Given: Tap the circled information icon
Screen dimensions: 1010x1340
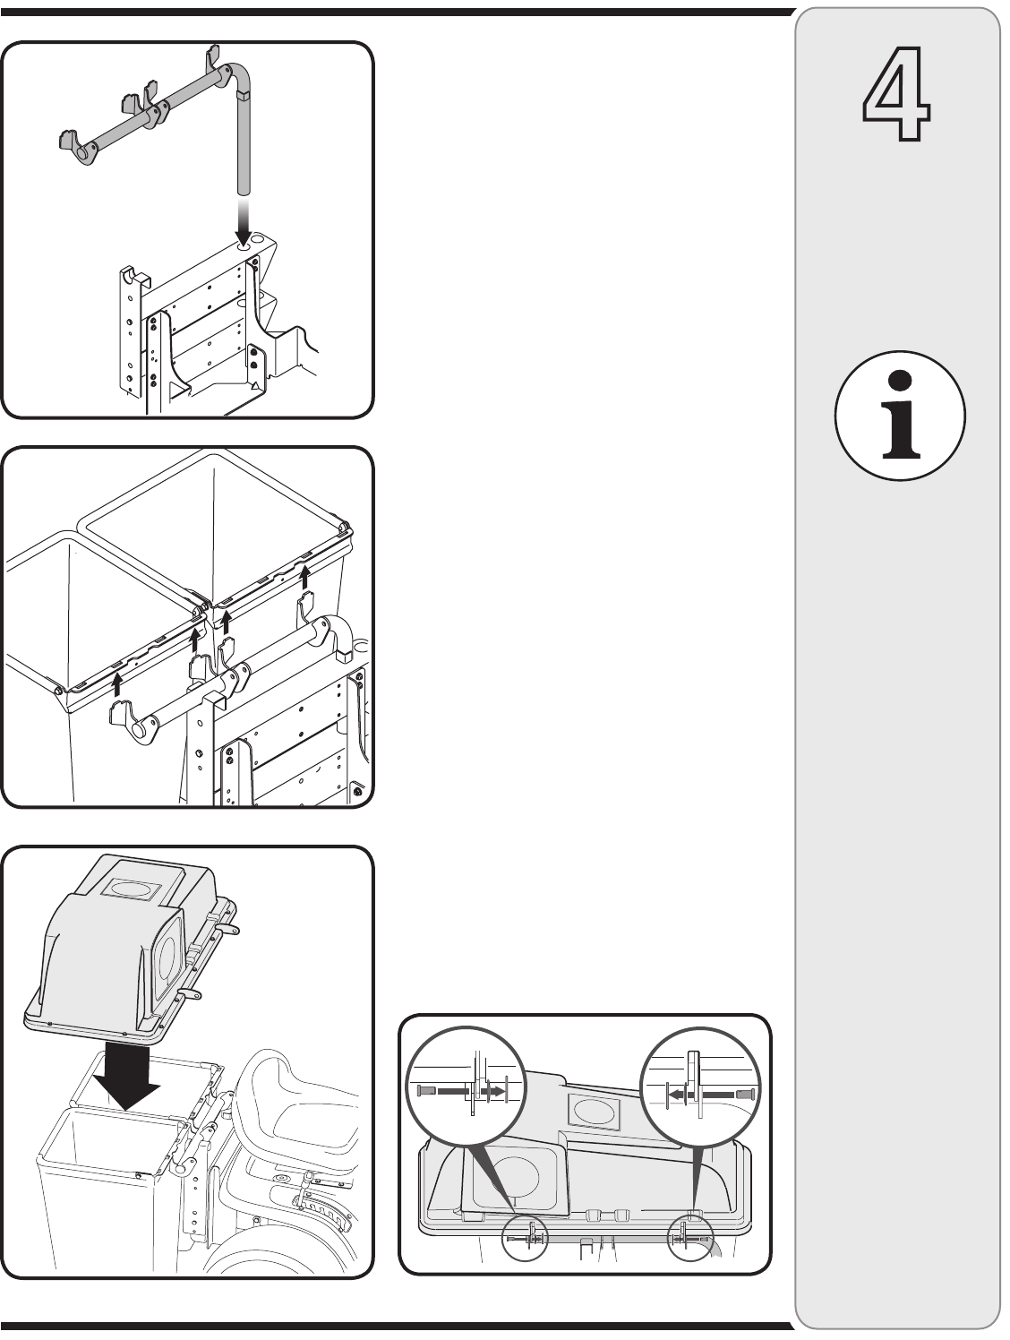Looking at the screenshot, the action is coord(899,417).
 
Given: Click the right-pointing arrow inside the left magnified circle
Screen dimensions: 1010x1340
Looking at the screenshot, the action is coord(492,1092).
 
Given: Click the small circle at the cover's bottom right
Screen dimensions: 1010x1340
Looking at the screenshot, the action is coord(690,1237).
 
